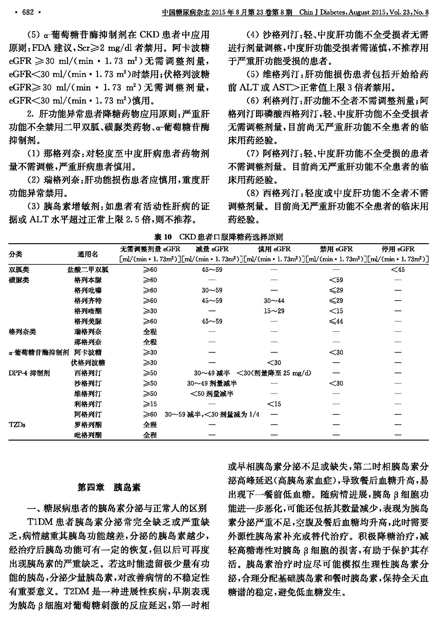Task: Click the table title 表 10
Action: point(163,237)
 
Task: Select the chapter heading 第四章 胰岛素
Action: point(109,487)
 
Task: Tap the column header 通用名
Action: point(88,254)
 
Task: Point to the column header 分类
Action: point(16,254)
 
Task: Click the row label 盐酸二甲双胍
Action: point(88,270)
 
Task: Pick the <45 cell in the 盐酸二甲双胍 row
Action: point(398,270)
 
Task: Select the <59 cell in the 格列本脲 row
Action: point(336,280)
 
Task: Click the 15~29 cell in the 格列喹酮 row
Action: point(274,311)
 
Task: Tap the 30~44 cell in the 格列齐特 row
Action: point(274,301)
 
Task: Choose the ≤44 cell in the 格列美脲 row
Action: point(336,321)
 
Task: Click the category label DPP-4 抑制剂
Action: point(29,373)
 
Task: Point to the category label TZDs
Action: point(17,425)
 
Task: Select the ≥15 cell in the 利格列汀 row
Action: point(150,404)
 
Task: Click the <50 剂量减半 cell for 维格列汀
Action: point(212,394)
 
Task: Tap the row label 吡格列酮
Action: point(88,435)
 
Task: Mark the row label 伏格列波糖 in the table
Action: point(88,363)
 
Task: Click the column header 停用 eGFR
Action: point(398,249)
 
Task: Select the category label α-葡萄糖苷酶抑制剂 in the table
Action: point(39,352)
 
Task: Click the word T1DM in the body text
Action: point(39,522)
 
